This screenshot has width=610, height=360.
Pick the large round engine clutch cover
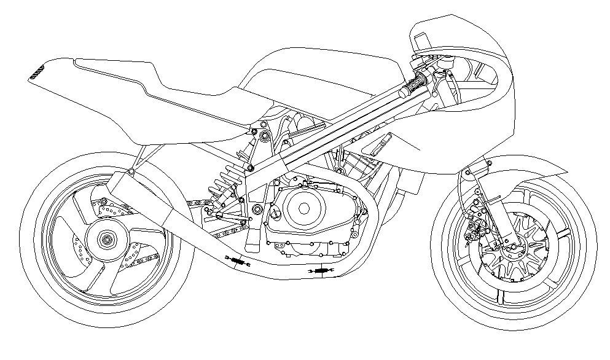pyautogui.click(x=302, y=208)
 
